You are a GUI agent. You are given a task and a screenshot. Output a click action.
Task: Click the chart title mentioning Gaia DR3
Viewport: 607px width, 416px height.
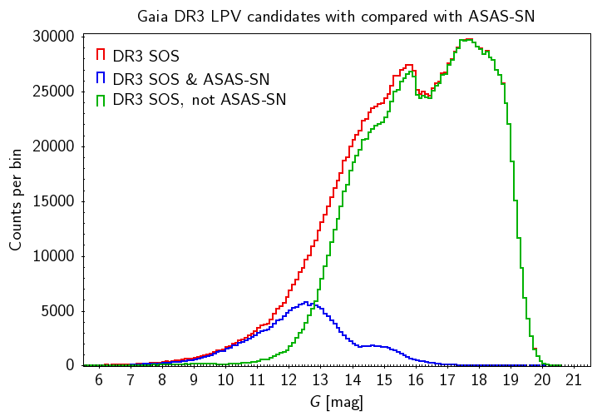click(x=337, y=16)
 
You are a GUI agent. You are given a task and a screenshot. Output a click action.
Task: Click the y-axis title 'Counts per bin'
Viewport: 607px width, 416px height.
click(x=17, y=201)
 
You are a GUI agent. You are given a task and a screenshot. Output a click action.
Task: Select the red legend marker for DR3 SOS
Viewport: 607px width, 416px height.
click(x=100, y=55)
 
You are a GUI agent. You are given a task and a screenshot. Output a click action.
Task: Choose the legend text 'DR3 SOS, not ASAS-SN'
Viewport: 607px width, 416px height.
click(x=199, y=101)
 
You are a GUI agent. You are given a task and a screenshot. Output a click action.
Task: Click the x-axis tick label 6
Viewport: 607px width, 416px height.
click(x=98, y=380)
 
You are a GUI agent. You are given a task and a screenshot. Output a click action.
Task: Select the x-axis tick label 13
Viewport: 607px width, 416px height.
click(x=320, y=380)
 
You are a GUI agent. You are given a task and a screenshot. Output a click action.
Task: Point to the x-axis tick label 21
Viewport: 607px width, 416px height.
click(x=574, y=380)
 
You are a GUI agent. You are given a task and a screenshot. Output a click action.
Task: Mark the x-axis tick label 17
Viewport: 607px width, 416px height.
click(x=447, y=380)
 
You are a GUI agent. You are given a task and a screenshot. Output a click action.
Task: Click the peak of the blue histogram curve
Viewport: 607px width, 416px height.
click(x=307, y=302)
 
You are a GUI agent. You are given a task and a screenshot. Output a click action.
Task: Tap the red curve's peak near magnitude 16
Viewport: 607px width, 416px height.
click(x=408, y=65)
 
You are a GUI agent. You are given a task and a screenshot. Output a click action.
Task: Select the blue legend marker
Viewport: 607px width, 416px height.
click(x=100, y=77)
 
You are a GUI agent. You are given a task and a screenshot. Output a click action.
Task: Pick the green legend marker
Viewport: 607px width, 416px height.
click(x=100, y=100)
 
